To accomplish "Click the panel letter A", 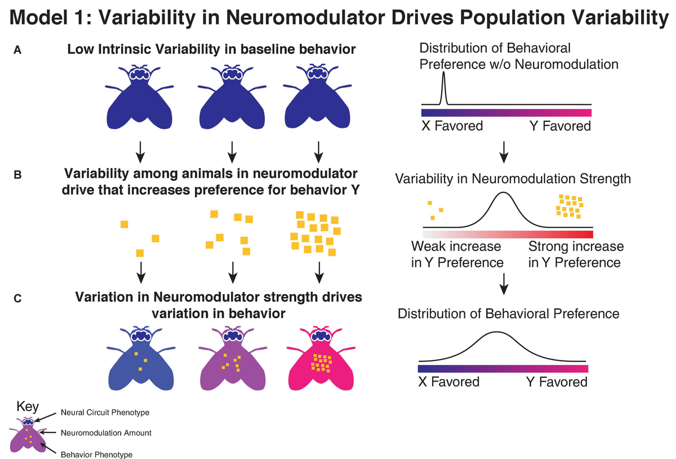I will (x=18, y=50).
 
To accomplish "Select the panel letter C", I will (x=18, y=299).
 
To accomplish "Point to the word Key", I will (x=28, y=407).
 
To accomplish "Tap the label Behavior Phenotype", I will (x=95, y=452).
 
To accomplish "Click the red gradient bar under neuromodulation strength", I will (x=507, y=234).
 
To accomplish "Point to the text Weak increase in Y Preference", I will (x=456, y=255).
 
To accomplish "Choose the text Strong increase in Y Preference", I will (x=576, y=255).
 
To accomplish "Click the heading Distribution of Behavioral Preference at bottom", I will (x=508, y=314).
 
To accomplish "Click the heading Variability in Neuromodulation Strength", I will (x=513, y=180).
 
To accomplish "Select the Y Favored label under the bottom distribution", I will (x=557, y=382).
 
